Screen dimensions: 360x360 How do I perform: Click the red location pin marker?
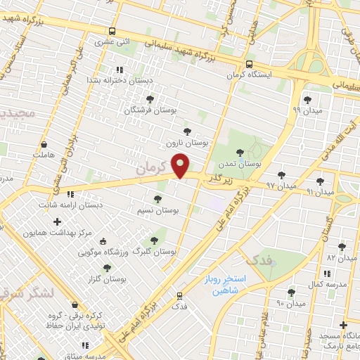click(181, 165)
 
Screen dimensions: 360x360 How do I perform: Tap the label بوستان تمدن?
click(239, 163)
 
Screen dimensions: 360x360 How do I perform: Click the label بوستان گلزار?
click(109, 279)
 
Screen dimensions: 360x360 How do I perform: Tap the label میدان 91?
click(321, 192)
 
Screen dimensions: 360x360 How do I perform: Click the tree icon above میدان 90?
click(291, 292)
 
